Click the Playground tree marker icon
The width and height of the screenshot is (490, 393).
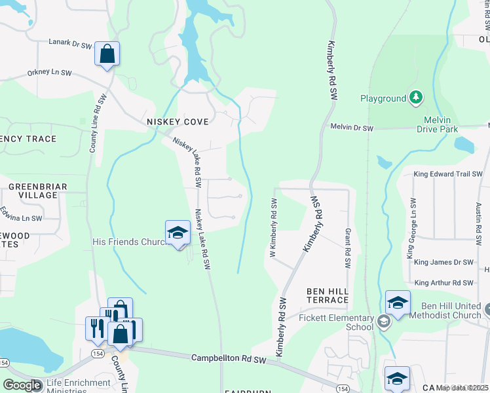(415, 98)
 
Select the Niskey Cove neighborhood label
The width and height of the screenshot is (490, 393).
(177, 122)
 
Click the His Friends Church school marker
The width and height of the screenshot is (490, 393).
(178, 233)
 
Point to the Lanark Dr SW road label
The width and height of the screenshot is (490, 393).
(69, 44)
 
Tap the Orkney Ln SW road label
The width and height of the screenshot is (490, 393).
(49, 73)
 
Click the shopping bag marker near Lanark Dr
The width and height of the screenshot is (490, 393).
(107, 54)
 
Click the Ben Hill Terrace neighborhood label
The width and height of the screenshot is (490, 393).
(328, 295)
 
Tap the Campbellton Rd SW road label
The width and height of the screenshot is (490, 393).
(229, 359)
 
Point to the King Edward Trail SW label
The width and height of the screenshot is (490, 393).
(448, 174)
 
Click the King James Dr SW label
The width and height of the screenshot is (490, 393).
(443, 262)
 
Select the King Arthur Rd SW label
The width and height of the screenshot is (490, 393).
(443, 282)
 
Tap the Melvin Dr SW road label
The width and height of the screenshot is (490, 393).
(351, 128)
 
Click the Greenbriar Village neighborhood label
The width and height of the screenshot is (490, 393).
(38, 191)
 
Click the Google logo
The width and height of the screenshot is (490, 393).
(22, 385)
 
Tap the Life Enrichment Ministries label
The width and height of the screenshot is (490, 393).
(78, 386)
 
